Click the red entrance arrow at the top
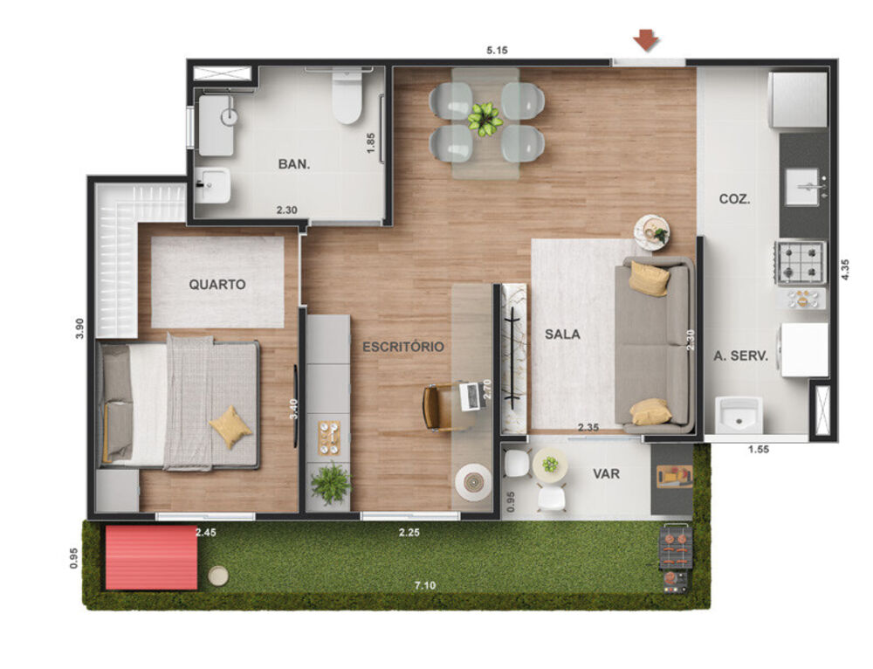(x=646, y=40)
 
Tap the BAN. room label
(x=292, y=163)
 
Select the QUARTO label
(x=217, y=284)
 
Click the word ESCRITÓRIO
(x=402, y=347)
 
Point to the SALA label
(x=562, y=334)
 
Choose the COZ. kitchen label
(x=734, y=199)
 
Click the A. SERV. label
(x=740, y=355)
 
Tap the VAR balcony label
(x=606, y=473)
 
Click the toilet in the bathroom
(x=347, y=99)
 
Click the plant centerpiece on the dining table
(x=485, y=118)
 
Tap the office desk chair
(x=436, y=407)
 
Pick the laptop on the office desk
(x=470, y=397)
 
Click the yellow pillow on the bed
(x=230, y=426)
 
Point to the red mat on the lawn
(x=150, y=557)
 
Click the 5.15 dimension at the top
(x=497, y=50)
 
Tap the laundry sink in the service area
(x=739, y=414)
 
